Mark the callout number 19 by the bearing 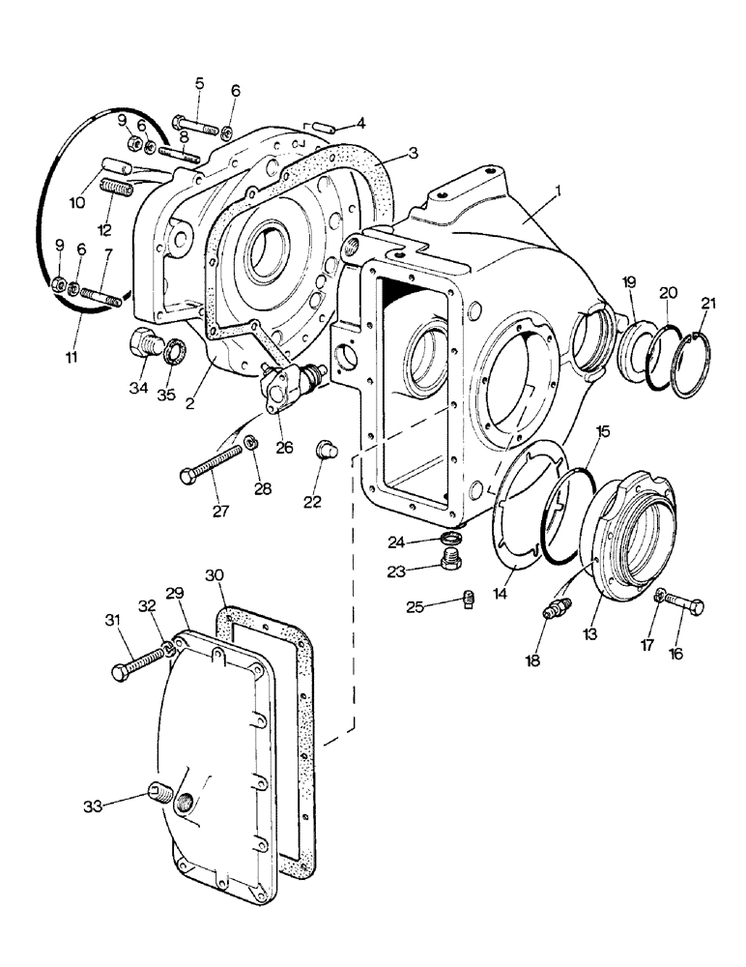coord(628,282)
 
